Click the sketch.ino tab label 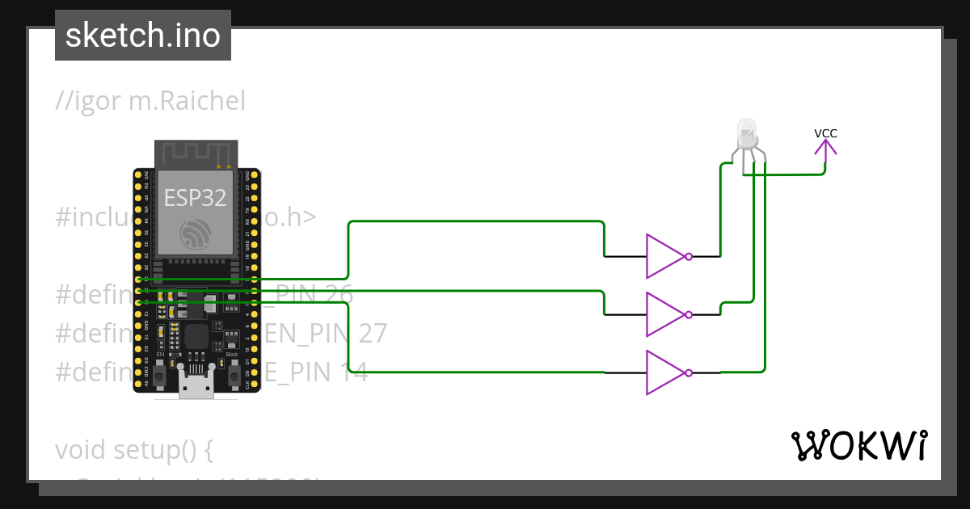[x=143, y=36]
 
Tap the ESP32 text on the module [x=196, y=198]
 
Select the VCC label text [x=825, y=133]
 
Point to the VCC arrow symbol [x=825, y=149]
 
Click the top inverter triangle [x=664, y=256]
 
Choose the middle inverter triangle [x=664, y=314]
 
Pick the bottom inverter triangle [x=664, y=372]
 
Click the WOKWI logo [x=858, y=445]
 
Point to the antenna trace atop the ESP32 [x=196, y=154]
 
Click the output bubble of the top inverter [x=689, y=256]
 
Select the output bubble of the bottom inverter [x=689, y=372]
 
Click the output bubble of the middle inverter [x=689, y=314]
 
